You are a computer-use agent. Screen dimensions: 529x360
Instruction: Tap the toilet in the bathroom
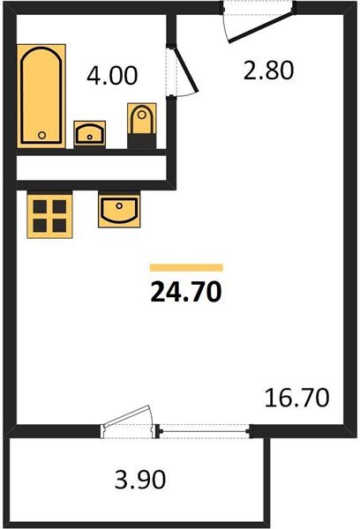140,121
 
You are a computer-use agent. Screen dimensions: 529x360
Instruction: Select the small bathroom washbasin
88,133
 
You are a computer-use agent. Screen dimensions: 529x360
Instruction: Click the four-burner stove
49,214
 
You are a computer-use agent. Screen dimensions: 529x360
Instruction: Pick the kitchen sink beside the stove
116,212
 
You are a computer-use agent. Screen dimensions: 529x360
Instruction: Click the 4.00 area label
112,76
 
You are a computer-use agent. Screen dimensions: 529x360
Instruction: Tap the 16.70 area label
296,399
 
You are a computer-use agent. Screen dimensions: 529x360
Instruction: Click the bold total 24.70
185,292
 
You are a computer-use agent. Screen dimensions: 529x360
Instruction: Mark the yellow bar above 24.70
186,267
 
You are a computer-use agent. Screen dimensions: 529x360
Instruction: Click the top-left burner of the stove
39,205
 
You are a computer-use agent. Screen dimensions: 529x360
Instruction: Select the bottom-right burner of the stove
58,224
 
